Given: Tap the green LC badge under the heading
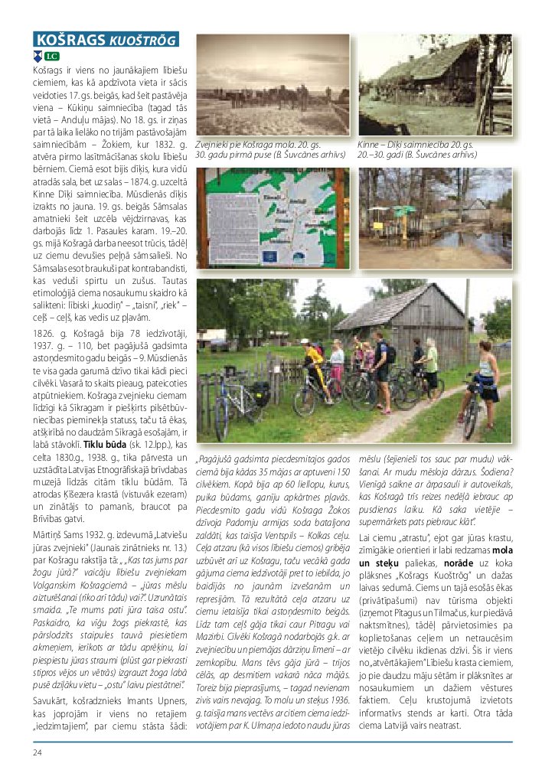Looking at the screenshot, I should click(51, 56).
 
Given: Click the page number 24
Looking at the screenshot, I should click(37, 752).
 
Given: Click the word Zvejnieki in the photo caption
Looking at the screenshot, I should click(214, 144).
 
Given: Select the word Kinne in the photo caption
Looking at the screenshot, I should click(371, 144).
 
